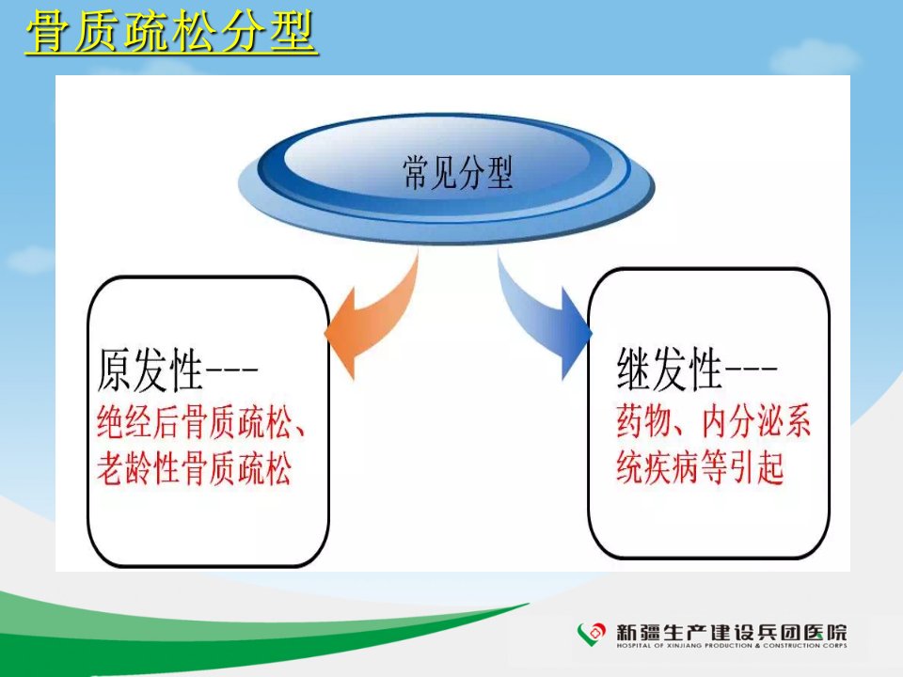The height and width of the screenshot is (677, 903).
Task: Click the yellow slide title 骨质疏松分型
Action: pos(170,33)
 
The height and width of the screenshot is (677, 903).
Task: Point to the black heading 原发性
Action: pos(150,370)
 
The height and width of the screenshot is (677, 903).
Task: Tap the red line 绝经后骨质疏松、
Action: pos(201,422)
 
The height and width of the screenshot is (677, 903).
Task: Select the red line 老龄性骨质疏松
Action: pos(194,467)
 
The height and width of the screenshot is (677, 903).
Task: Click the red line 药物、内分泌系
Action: pos(714,421)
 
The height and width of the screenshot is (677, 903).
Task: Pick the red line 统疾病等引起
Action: pos(700,466)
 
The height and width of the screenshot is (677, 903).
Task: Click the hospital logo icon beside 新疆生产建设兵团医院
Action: pos(592,634)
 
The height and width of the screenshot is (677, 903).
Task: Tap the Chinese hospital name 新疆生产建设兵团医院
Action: pos(732,632)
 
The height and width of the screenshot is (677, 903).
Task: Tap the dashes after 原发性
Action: pos(231,369)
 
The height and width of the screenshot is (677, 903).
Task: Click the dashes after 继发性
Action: pos(751,368)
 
